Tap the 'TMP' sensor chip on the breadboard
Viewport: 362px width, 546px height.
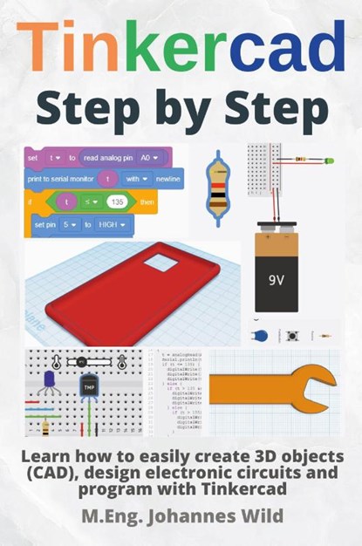[x=89, y=387]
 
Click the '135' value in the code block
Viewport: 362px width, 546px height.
[x=118, y=201]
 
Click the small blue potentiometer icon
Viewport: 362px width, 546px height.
[x=260, y=336]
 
